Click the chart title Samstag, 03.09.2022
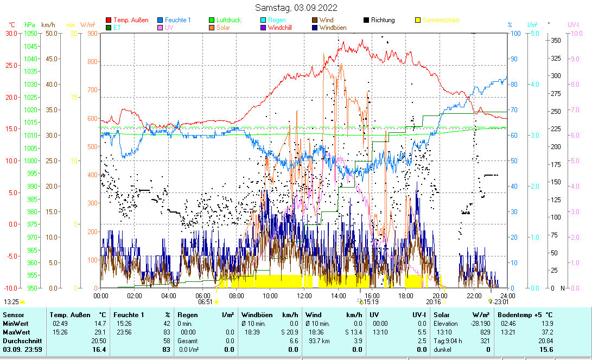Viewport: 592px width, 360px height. point(296,8)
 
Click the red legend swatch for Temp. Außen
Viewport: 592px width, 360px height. point(109,20)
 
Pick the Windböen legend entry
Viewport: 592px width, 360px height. point(334,27)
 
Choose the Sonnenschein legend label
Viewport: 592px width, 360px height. point(441,20)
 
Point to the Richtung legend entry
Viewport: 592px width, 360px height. point(383,20)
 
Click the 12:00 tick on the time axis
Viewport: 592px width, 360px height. point(304,295)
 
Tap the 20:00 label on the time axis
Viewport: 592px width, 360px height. point(440,295)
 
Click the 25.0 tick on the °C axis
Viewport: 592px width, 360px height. point(11,65)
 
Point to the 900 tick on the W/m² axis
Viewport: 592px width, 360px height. point(92,34)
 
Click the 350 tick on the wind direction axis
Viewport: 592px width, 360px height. point(556,41)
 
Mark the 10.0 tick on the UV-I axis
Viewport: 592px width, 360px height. point(576,34)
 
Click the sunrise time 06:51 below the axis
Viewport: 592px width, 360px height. point(205,301)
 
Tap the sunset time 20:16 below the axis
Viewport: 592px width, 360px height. point(433,301)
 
